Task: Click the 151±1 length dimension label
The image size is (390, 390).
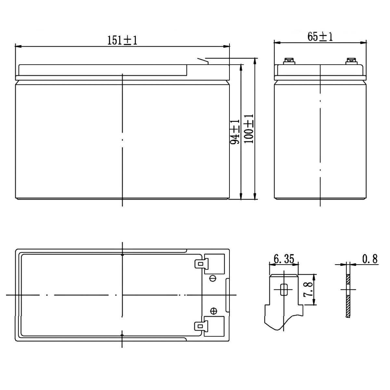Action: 123,40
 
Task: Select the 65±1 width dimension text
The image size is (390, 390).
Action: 320,37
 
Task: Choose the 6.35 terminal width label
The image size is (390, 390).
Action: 284,259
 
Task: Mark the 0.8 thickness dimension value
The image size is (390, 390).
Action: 370,259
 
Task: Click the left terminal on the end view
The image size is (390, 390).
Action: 288,61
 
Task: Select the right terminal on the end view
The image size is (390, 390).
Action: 350,61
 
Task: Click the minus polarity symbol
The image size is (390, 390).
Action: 213,279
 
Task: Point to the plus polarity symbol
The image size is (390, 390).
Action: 214,311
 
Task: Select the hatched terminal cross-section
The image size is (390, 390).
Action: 348,296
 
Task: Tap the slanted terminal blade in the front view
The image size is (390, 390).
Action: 202,60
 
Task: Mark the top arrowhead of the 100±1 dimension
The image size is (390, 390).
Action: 255,60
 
